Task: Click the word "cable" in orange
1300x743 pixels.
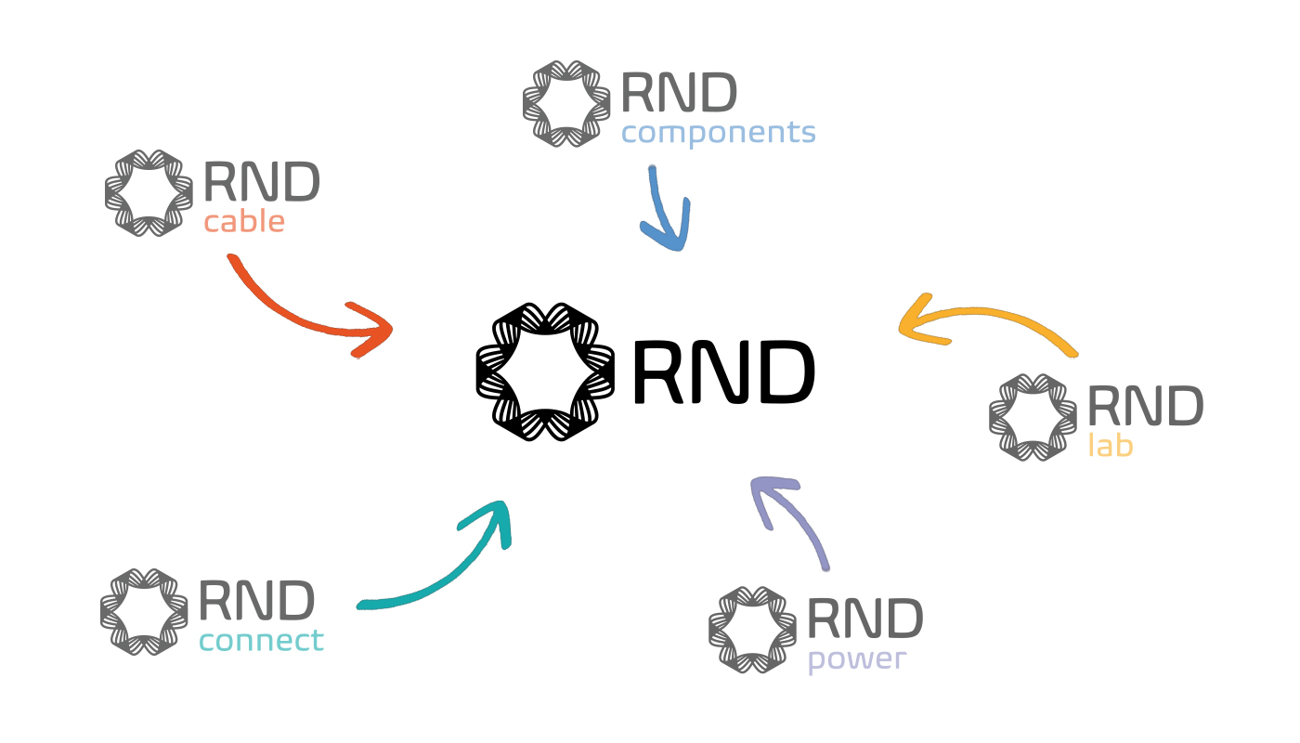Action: coord(244,223)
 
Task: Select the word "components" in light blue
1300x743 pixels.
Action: coord(718,133)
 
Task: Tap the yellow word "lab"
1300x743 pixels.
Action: coord(1111,446)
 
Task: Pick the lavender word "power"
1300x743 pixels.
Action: coord(856,660)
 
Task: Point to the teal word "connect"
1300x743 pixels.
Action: coord(261,640)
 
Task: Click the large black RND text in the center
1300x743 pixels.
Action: coord(722,372)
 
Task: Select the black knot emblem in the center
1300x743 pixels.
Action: coord(545,371)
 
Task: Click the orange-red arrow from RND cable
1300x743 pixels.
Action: coord(306,316)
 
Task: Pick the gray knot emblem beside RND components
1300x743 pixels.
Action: coord(566,103)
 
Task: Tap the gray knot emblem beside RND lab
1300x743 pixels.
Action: coord(1033,417)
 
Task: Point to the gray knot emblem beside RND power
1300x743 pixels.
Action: coord(752,630)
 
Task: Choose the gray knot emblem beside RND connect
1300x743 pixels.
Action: coord(145,611)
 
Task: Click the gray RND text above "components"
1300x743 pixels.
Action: coord(679,93)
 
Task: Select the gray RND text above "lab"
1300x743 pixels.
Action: coord(1145,407)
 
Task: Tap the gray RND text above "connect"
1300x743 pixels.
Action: coord(256,601)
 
